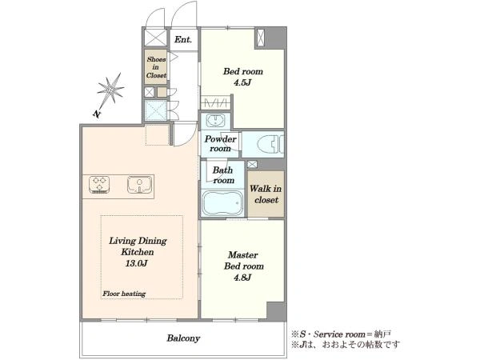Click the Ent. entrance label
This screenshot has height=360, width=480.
[183, 39]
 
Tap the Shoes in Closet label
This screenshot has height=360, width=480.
[156, 67]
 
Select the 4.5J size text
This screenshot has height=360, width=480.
[242, 82]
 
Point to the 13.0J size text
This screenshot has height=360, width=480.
[137, 263]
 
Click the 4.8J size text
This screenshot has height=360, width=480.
[242, 278]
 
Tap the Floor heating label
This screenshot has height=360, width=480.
[124, 294]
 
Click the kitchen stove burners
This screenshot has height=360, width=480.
[99, 184]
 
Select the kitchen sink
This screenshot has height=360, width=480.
[139, 185]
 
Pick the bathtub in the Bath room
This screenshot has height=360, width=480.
[222, 203]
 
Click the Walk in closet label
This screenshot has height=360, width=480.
[266, 194]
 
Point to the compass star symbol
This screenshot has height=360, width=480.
[110, 90]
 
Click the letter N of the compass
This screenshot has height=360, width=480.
[97, 114]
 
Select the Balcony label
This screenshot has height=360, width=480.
[183, 338]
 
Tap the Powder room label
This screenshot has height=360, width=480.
[220, 143]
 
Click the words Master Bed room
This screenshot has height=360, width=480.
[244, 261]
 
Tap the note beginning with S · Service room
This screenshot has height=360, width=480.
[341, 334]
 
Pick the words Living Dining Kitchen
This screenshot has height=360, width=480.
[138, 246]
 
